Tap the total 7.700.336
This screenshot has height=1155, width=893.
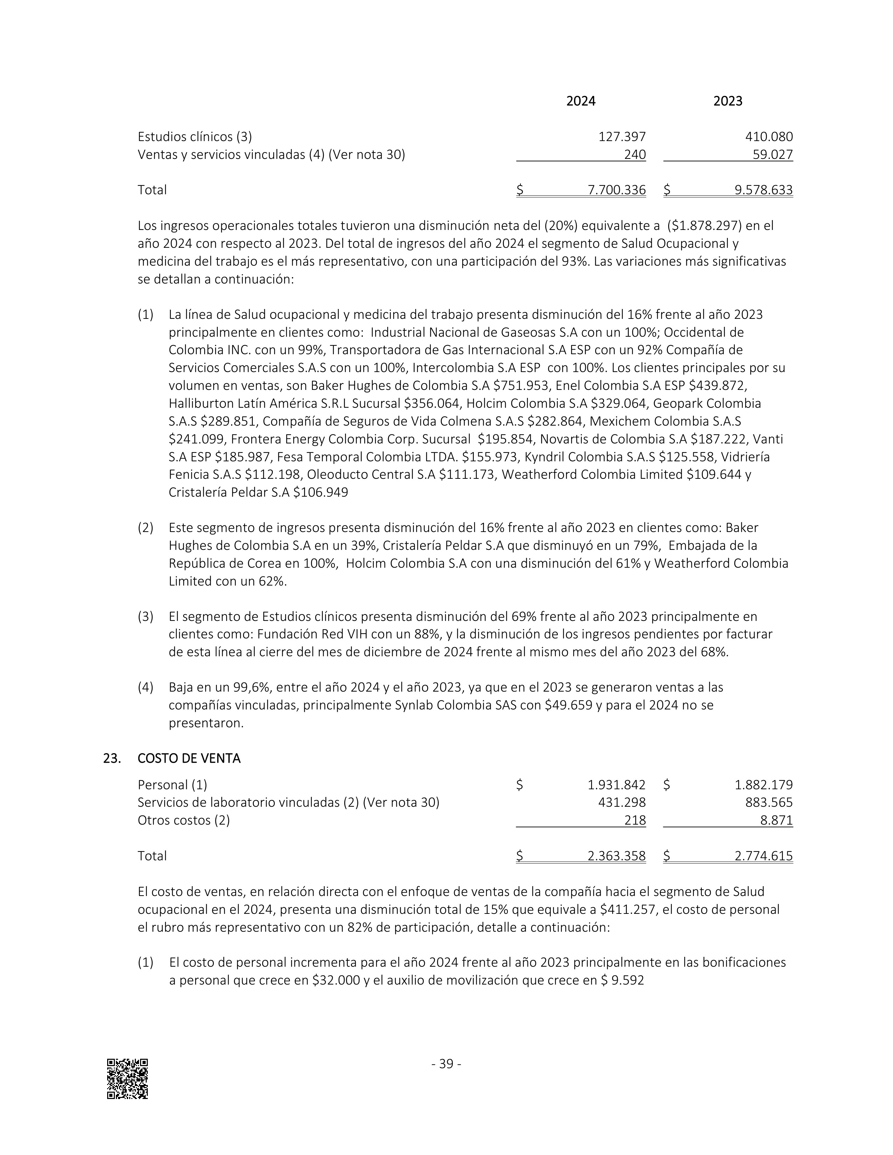616,190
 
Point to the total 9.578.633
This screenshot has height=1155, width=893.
763,190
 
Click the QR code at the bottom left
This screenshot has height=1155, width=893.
127,1079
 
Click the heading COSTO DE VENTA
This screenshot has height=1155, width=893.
189,758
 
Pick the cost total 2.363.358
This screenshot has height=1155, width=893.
616,856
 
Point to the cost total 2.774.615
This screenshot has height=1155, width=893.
763,856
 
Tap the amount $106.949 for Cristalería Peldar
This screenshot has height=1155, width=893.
320,492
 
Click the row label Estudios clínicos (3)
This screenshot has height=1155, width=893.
195,137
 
